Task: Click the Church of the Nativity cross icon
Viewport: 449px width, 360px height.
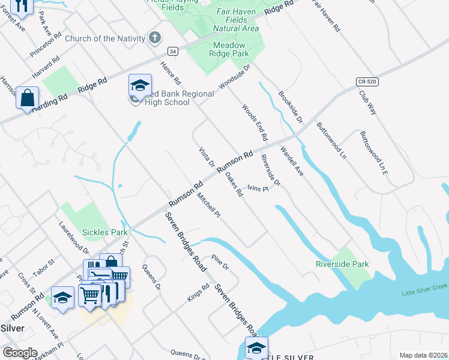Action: coord(155,38)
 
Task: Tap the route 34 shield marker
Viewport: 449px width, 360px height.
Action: coord(173,52)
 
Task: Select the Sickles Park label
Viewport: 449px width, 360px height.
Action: coord(105,232)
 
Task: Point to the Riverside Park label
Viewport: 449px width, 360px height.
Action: coord(342,263)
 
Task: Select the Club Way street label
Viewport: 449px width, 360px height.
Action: coord(367,102)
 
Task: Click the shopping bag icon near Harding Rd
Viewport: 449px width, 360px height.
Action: coord(28,98)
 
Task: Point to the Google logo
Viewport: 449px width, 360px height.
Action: coord(20,353)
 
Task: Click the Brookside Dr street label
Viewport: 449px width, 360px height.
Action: coord(290,107)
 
